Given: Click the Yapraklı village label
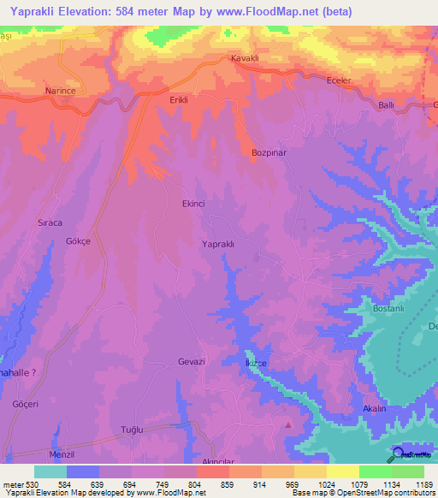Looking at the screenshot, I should click(217, 244).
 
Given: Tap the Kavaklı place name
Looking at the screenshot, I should click(246, 59).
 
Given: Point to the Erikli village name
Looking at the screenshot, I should click(179, 100).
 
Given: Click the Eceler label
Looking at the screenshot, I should click(340, 80).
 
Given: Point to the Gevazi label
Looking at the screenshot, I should click(192, 362).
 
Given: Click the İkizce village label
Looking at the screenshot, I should click(257, 364).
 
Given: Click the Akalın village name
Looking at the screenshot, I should click(376, 409).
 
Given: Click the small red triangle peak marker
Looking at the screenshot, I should click(288, 424).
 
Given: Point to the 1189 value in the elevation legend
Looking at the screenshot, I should click(423, 484).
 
